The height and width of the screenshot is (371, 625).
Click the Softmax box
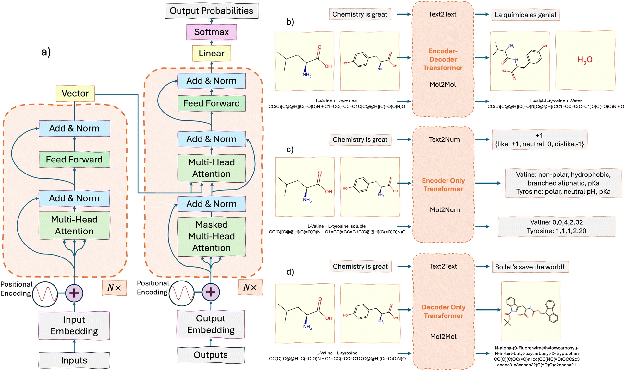(212, 32)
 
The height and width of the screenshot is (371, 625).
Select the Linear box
(212, 53)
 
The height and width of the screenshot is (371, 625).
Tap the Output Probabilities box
(212, 11)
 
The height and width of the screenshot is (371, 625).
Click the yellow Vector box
(75, 93)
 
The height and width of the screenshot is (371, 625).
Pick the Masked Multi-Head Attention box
(212, 236)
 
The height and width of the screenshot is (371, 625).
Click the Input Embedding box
(74, 326)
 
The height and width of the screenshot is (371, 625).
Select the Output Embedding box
(211, 324)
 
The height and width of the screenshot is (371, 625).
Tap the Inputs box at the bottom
(74, 360)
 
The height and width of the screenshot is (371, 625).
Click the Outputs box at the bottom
(211, 355)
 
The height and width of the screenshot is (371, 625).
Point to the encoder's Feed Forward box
(74, 160)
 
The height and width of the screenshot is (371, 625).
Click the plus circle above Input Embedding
(74, 293)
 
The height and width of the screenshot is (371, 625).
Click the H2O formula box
(585, 60)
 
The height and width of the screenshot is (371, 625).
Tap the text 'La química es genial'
(525, 15)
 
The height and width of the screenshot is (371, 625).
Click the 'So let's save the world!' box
(530, 267)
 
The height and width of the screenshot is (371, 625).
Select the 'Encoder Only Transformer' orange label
(443, 185)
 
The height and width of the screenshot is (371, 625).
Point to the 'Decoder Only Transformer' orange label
(443, 311)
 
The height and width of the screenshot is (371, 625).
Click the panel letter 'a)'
(46, 52)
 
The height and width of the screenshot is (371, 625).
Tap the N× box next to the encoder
(114, 288)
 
